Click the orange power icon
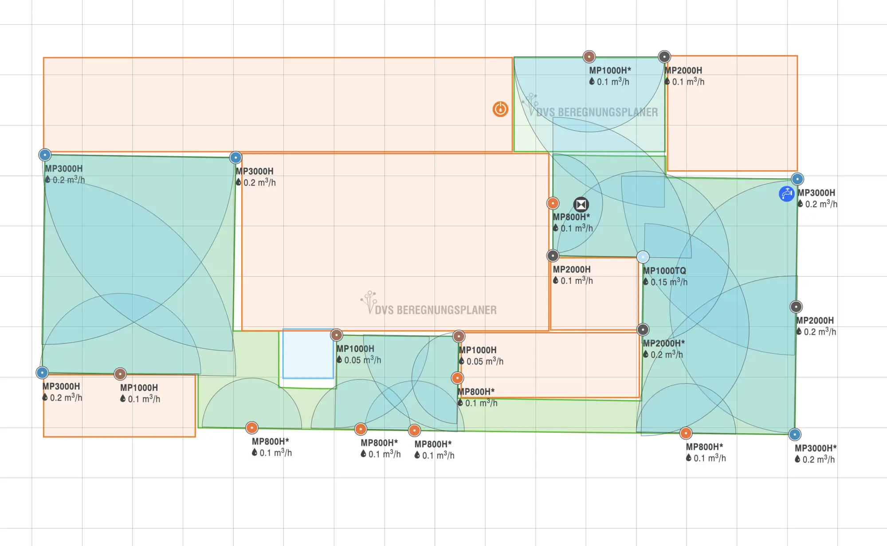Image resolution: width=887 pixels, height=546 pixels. (x=500, y=109)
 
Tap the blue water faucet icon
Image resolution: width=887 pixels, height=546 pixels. (x=787, y=194)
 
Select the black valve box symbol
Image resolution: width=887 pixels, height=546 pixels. (x=581, y=204)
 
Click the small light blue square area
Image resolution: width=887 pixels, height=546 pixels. (x=308, y=354)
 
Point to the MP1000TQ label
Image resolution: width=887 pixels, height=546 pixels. (x=664, y=271)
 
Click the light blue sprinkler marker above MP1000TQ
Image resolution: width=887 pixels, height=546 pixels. (x=643, y=257)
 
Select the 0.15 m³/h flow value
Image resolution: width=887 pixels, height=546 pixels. (x=665, y=282)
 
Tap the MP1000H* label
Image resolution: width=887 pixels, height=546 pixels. (x=610, y=70)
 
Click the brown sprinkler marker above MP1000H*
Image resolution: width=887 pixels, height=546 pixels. (x=589, y=57)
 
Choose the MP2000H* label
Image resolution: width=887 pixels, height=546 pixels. (x=664, y=343)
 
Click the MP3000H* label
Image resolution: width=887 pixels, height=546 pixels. (x=816, y=448)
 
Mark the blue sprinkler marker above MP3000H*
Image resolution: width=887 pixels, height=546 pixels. (x=795, y=435)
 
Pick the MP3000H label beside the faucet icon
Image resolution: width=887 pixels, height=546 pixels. (x=816, y=192)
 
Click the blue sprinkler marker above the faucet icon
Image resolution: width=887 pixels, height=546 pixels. (x=797, y=179)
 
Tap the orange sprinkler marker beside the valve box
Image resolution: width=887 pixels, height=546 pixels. (x=553, y=204)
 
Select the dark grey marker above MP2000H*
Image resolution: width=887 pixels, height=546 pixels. (x=643, y=330)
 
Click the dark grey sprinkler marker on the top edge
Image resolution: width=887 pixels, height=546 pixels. (x=664, y=57)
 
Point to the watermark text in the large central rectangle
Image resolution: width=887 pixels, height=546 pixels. (x=436, y=310)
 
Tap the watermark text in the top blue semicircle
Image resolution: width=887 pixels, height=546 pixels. (x=597, y=112)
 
